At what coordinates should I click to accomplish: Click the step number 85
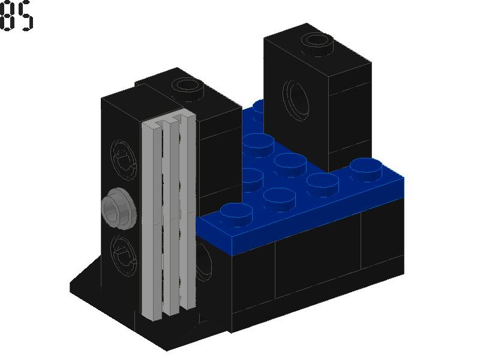tap(16, 16)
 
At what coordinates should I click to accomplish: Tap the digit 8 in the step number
tap(7, 16)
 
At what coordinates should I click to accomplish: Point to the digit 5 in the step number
tap(25, 16)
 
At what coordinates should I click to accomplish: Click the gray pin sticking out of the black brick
tap(116, 209)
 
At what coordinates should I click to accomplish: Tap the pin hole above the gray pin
tap(122, 159)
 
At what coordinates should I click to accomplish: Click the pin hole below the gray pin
tap(122, 252)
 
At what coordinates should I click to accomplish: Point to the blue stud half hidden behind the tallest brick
tap(259, 107)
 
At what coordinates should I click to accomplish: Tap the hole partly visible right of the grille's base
tap(203, 264)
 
